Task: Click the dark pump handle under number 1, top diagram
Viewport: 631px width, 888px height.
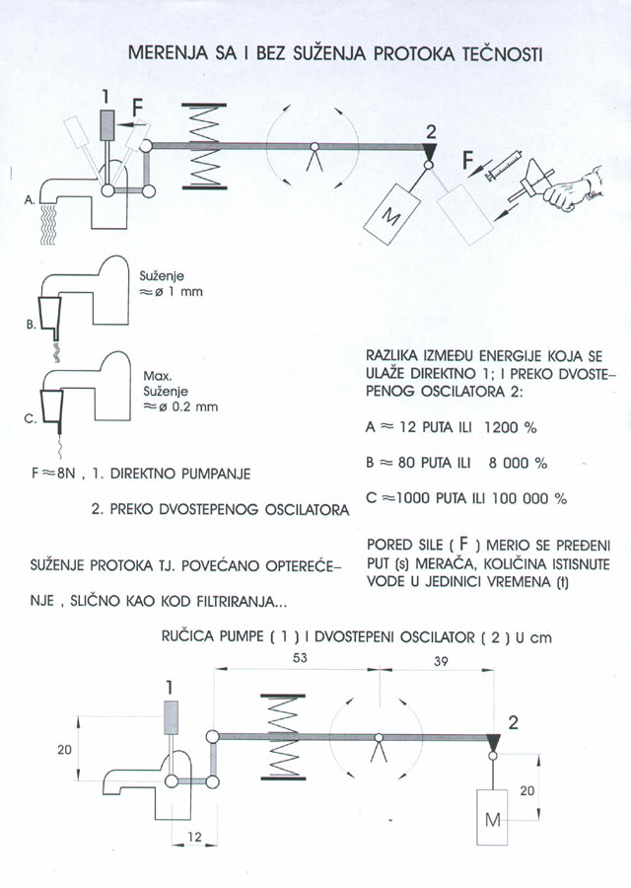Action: [x=107, y=129]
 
